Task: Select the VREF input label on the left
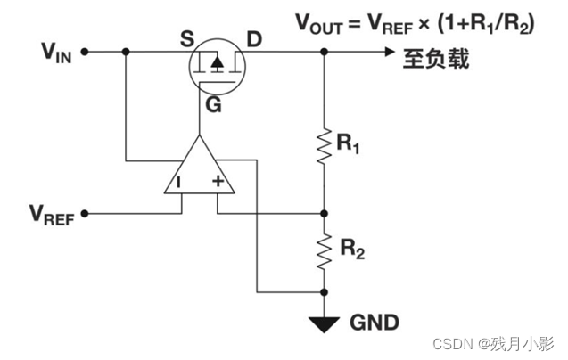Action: (50, 215)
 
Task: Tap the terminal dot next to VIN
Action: (85, 52)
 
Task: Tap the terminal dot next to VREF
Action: (85, 214)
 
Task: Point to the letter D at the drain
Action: (253, 39)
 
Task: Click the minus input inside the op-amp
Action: (178, 183)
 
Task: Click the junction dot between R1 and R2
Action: (325, 214)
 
